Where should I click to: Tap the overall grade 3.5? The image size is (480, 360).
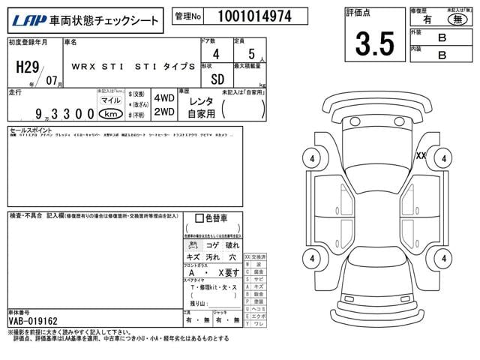[x=374, y=44]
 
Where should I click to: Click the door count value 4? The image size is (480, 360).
[x=216, y=55]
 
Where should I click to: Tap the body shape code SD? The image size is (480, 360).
[x=215, y=78]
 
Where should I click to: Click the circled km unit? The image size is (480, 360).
[x=110, y=114]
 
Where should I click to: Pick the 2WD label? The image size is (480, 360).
[x=163, y=112]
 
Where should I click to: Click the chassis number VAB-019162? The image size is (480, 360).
[x=33, y=321]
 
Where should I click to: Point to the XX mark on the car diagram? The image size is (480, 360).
[x=421, y=155]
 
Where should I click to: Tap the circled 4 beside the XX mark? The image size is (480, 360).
[x=444, y=158]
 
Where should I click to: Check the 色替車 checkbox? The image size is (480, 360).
[x=199, y=219]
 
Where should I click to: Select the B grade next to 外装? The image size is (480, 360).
[x=442, y=35]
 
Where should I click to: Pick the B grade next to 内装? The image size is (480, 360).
[x=442, y=54]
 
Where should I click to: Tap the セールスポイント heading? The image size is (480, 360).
[x=27, y=130]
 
